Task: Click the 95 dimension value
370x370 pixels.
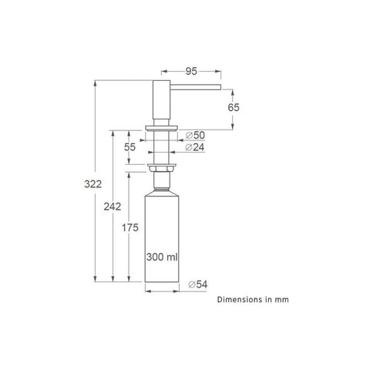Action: point(191,71)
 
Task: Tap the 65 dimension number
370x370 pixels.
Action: point(234,107)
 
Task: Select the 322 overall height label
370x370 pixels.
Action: point(93,184)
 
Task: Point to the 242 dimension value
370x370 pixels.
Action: point(113,207)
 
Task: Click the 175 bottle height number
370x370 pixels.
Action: point(130,227)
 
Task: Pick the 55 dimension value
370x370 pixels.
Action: point(129,147)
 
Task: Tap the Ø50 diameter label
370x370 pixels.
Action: point(195,135)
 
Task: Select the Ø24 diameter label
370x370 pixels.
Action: point(195,147)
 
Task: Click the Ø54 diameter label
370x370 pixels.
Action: point(198,284)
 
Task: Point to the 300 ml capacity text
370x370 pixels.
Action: point(162,257)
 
